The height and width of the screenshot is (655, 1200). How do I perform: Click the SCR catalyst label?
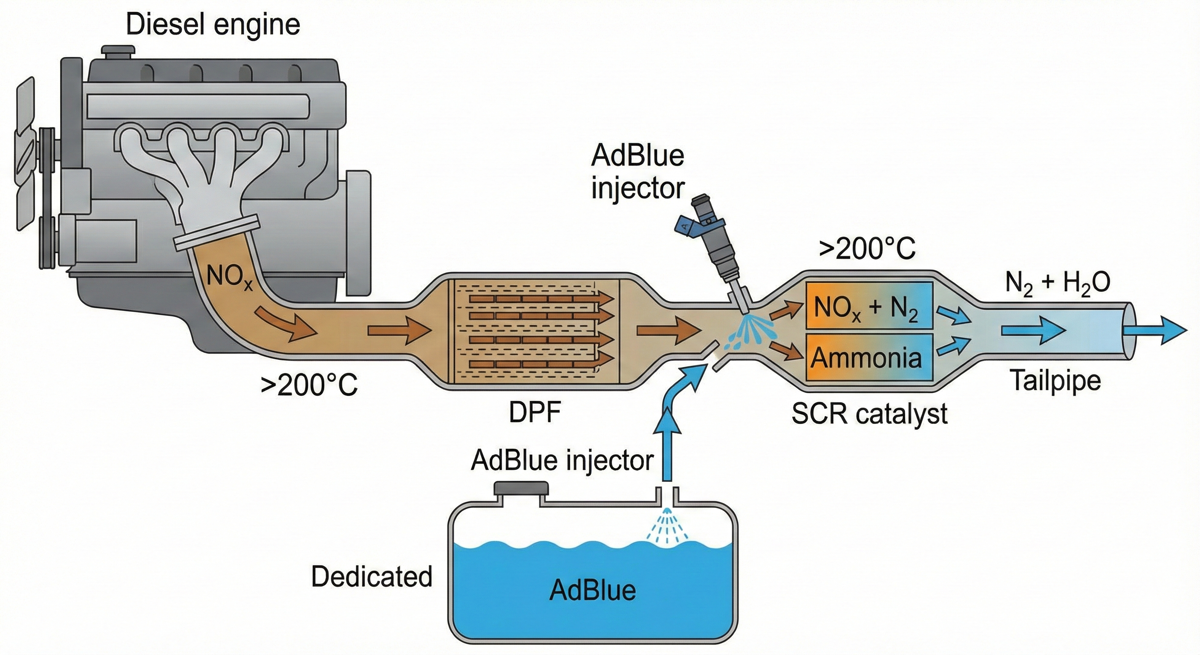(869, 414)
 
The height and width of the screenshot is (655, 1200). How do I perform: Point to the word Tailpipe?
(1055, 380)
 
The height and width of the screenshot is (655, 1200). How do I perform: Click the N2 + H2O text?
(1057, 284)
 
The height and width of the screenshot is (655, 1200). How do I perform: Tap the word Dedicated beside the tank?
(372, 577)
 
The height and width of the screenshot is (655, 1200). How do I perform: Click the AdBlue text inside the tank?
(593, 590)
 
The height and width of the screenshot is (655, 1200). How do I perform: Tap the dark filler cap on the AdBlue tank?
(521, 489)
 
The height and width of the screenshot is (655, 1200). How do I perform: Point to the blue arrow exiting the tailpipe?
(1155, 330)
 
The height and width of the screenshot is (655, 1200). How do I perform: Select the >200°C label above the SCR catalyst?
(867, 249)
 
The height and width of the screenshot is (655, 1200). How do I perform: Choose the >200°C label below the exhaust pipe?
(309, 385)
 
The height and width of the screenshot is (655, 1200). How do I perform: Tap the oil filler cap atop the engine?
(118, 51)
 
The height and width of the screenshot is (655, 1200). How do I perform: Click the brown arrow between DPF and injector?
(669, 330)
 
